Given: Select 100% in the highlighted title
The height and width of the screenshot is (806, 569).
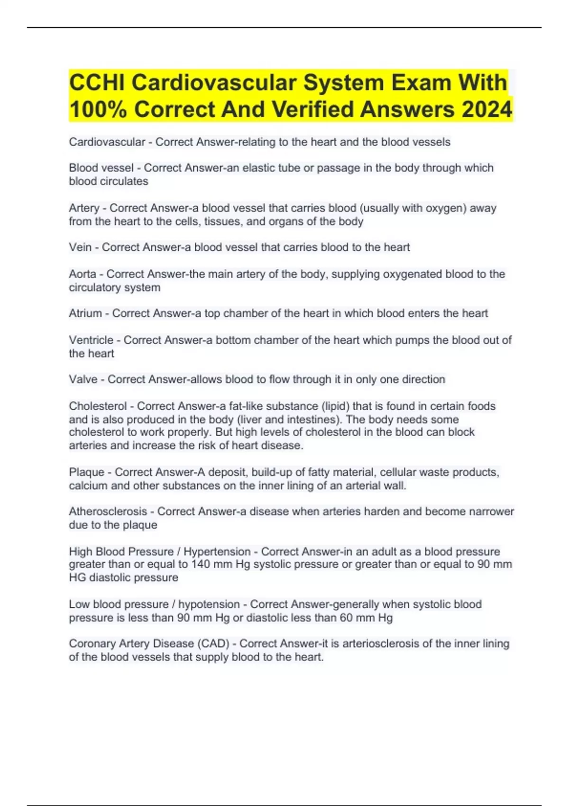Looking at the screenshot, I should click(x=98, y=110).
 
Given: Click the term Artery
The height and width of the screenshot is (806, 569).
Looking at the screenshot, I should click(x=84, y=208).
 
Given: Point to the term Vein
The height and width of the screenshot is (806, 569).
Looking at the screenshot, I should click(x=80, y=247).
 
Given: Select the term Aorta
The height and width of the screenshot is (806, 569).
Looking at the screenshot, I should click(x=83, y=274).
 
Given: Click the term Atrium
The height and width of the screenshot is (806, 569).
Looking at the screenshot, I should click(x=85, y=313).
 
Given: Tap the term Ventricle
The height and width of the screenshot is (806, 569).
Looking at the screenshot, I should click(x=91, y=340).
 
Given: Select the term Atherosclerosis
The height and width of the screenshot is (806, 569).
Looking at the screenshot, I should click(x=108, y=512).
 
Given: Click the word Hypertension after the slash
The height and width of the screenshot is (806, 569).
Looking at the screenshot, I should click(x=217, y=552).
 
